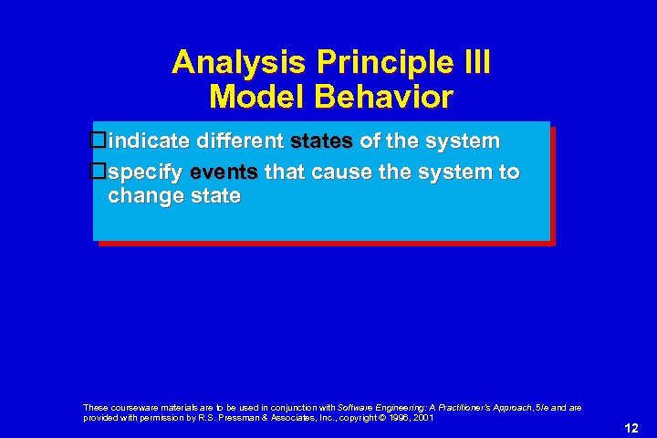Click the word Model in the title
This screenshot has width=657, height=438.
click(254, 97)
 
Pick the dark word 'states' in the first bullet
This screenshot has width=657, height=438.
click(322, 141)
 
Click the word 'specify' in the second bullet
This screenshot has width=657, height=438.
click(146, 172)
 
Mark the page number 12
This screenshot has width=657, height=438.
click(631, 428)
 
